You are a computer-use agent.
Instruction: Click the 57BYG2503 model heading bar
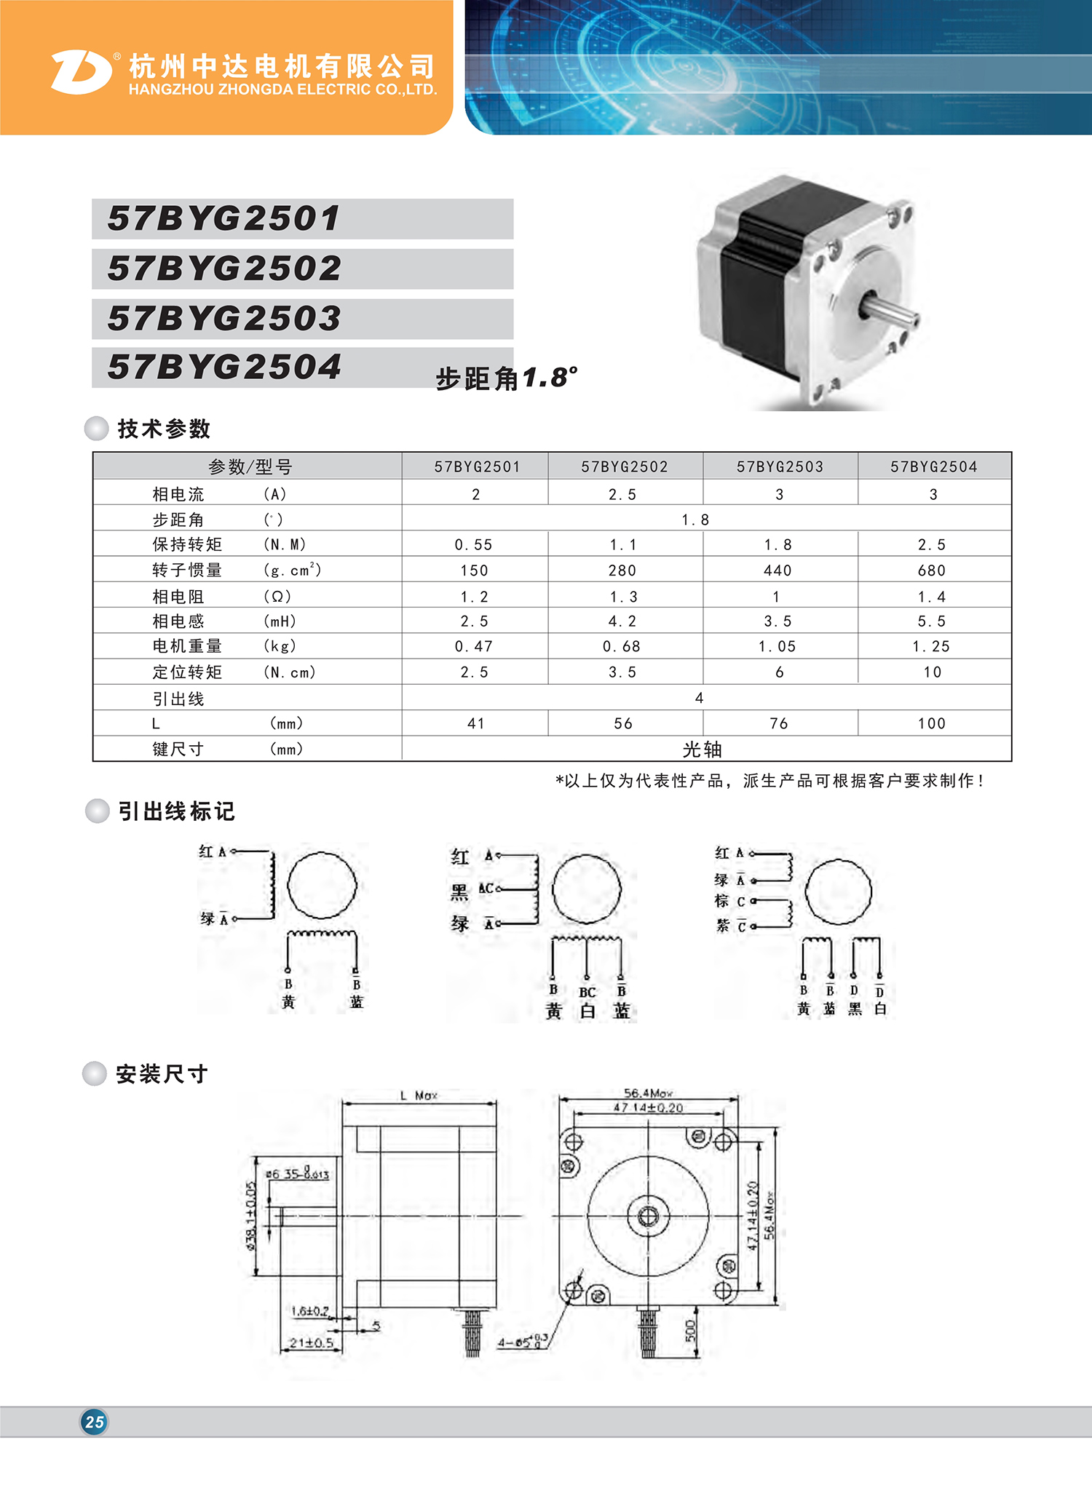(302, 319)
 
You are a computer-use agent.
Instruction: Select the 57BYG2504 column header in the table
(934, 466)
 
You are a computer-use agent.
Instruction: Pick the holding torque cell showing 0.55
(474, 544)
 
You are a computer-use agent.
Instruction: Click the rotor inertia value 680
(932, 570)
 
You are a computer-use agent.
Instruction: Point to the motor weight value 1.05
(777, 646)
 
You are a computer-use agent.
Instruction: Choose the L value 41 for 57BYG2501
(476, 723)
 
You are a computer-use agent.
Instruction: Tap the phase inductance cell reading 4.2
(622, 621)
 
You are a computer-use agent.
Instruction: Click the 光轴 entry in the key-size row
(703, 750)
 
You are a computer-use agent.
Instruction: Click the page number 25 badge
(94, 1421)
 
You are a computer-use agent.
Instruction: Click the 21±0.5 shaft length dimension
(311, 1343)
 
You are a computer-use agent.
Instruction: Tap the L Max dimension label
(419, 1095)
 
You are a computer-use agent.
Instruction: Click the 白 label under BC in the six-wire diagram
(587, 1011)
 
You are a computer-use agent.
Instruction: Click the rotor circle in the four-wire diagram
(322, 886)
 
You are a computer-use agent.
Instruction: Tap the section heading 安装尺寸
(162, 1074)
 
